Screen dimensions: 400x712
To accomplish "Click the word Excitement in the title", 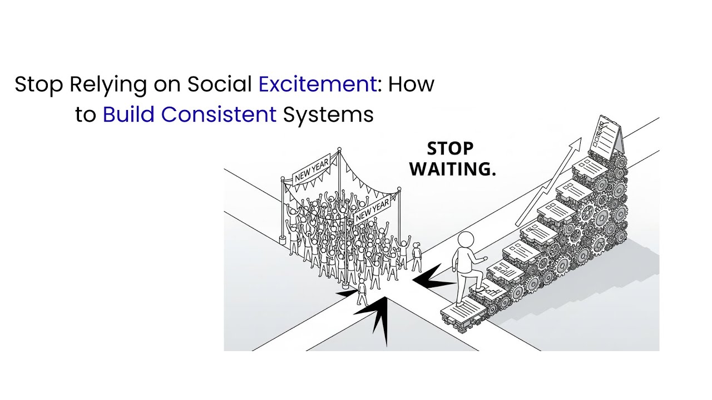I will point(318,84).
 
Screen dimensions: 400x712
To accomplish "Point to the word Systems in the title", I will point(328,114).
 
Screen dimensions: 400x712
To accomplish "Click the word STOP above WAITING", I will point(450,149).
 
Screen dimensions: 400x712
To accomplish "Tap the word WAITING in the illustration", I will point(452,169).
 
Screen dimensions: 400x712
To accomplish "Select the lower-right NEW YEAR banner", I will point(372,211).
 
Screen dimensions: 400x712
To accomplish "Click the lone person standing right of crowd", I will point(417,257).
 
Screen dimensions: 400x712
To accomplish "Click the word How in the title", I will point(411,84).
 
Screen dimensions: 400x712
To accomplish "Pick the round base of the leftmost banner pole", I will point(283,241).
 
